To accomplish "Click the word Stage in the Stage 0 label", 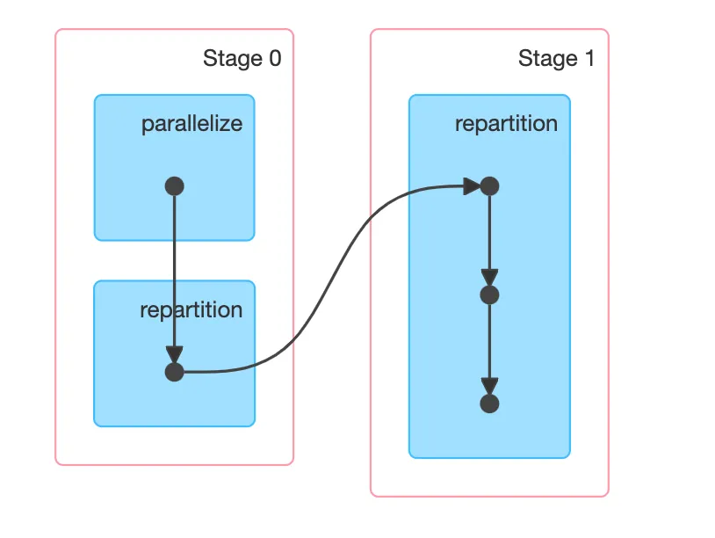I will pos(231,59).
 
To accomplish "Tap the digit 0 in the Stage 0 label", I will pos(275,59).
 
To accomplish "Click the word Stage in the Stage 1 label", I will pos(546,59).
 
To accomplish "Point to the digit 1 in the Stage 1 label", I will pos(589,59).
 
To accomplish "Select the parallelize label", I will pos(191,123).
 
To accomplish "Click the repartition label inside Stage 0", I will pos(191,310).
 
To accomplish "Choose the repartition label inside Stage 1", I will pos(506,123).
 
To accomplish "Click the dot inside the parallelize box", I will pos(174,186).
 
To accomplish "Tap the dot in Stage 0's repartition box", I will pos(174,372).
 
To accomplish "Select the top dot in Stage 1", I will pos(490,186).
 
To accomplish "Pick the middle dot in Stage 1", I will pos(490,294).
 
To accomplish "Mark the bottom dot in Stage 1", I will pos(490,403).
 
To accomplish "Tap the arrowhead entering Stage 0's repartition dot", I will pos(174,353).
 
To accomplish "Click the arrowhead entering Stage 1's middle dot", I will pos(490,277).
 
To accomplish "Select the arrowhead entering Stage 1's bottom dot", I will pos(490,386).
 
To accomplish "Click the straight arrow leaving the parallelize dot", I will pos(174,264).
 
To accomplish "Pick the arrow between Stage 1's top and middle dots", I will pos(490,233).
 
